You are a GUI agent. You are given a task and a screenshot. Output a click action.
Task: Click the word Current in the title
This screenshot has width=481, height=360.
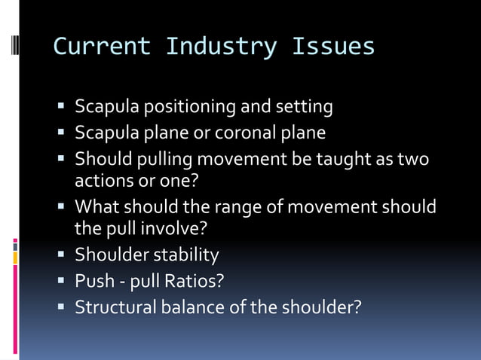[x=101, y=47]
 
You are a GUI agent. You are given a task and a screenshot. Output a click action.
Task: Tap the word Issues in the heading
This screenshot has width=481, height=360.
[x=334, y=47]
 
